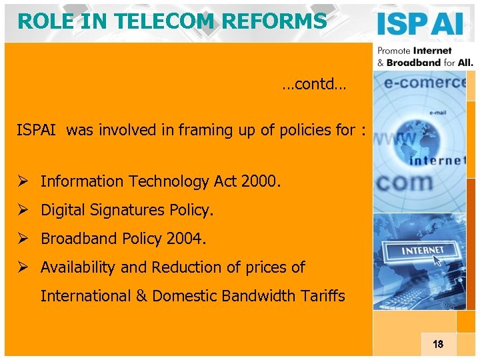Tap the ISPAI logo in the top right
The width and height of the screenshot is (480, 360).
[x=419, y=25]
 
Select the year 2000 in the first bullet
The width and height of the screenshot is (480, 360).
[x=262, y=181]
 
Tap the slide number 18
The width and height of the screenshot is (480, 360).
[x=438, y=345]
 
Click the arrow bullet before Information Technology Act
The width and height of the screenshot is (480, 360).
[x=23, y=181]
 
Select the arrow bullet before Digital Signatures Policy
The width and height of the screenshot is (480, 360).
[x=23, y=211]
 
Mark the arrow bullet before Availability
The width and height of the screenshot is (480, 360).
[x=23, y=268]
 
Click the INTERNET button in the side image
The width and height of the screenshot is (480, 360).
[x=422, y=251]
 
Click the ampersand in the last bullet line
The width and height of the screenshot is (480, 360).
[x=142, y=296]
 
